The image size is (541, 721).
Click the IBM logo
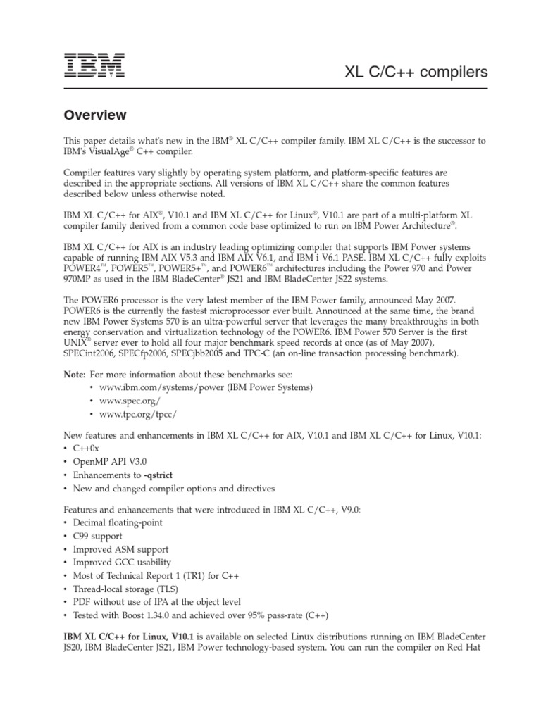click(95, 66)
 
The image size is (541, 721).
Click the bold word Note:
click(75, 373)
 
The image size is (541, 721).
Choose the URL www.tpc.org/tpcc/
click(133, 414)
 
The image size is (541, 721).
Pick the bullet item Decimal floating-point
click(118, 522)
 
